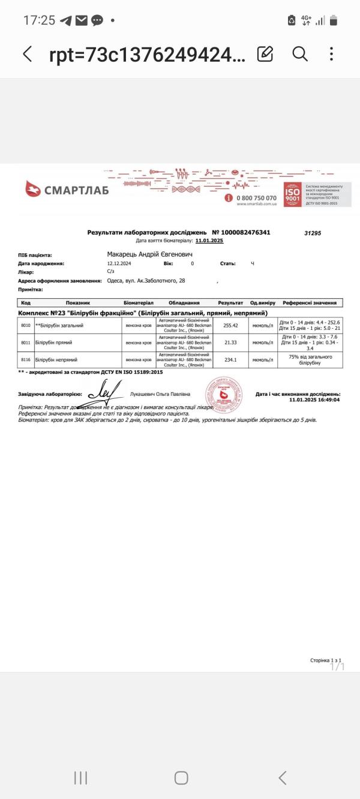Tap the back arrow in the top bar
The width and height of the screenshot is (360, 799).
[x=27, y=54]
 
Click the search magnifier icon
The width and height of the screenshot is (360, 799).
[x=299, y=54]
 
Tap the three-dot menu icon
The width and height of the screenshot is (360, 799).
[x=331, y=54]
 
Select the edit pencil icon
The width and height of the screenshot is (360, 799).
[x=265, y=54]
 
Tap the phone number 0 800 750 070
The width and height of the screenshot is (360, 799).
[x=257, y=198]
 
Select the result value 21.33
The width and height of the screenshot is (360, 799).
[x=231, y=343]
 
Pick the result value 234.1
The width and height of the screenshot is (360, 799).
[x=231, y=360]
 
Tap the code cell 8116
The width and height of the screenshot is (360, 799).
[x=26, y=360]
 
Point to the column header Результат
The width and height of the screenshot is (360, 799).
[x=231, y=303]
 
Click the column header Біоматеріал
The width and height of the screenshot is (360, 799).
[x=139, y=303]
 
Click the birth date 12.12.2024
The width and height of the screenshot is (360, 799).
[x=119, y=263]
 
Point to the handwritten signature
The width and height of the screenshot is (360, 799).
[x=103, y=394]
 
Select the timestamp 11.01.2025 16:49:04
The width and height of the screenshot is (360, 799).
[x=314, y=399]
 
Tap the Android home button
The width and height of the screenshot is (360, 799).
[x=181, y=778]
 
